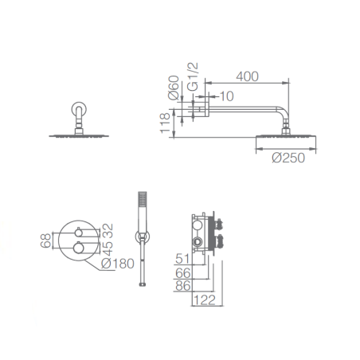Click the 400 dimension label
[247, 76]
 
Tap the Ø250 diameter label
[288, 158]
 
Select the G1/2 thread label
[193, 76]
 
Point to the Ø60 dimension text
[174, 88]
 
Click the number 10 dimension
[227, 96]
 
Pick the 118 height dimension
[165, 123]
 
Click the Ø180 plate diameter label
[118, 264]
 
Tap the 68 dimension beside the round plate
[45, 241]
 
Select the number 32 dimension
[108, 231]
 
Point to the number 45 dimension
[108, 248]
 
